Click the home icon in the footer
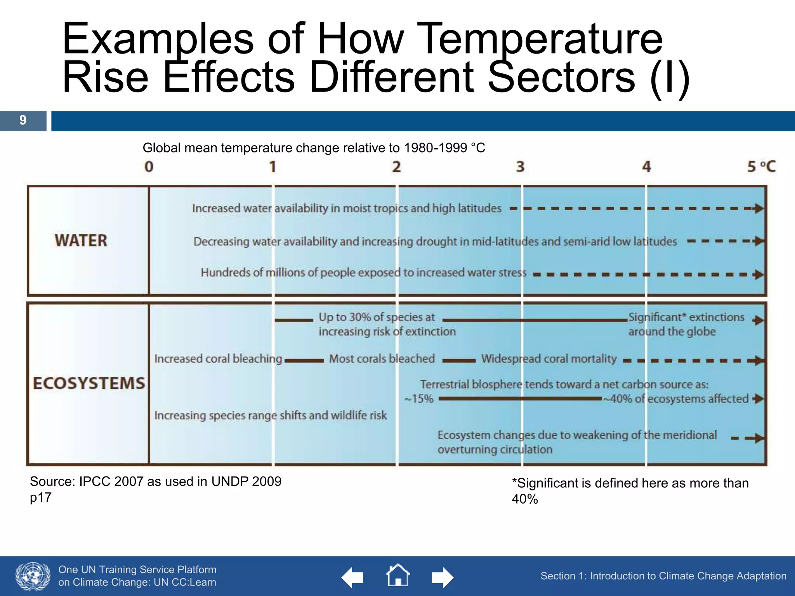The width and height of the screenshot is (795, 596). [398, 575]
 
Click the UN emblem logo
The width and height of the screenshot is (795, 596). [33, 576]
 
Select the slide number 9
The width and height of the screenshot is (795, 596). [23, 120]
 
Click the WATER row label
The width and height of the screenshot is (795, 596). [81, 241]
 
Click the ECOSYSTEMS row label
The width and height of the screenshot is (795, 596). [89, 383]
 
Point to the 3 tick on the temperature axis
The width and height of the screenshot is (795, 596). [520, 167]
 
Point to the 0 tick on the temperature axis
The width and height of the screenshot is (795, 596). [149, 167]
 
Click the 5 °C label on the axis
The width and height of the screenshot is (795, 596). [761, 167]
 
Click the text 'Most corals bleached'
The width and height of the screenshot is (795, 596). [382, 359]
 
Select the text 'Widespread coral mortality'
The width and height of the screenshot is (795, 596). [549, 359]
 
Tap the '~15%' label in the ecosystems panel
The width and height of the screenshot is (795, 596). [419, 399]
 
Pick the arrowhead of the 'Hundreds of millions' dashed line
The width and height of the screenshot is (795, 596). [758, 275]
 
